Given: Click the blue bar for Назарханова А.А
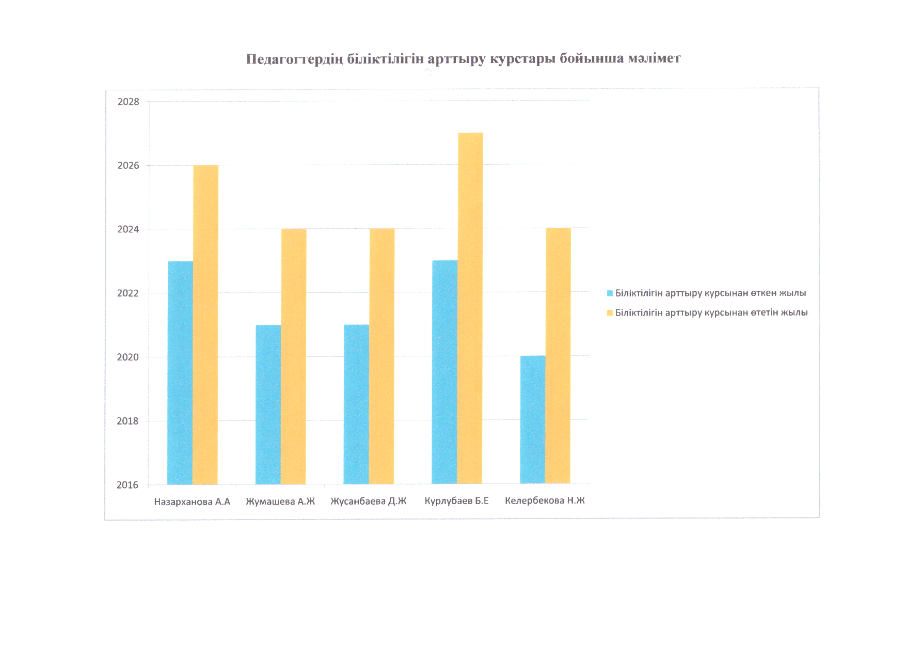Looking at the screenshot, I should point(180,373).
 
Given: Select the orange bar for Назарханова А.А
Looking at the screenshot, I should point(205,325).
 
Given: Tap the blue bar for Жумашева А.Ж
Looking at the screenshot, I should point(268,404).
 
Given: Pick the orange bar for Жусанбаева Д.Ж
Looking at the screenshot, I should point(382,356).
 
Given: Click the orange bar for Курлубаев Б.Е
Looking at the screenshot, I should point(470,308).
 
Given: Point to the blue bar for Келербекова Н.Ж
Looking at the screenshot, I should point(533,419).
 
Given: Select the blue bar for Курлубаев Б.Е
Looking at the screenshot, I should point(444,372).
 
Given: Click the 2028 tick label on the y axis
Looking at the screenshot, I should point(129,102).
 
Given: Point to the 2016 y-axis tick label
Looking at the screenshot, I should point(128,485).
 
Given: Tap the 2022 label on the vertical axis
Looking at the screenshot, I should point(128,293).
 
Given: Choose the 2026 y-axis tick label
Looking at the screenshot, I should point(129,166).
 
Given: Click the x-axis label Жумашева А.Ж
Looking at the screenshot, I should point(280,501).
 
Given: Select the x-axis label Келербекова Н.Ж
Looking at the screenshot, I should point(545,500).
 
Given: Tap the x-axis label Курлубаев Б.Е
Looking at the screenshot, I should point(456,501).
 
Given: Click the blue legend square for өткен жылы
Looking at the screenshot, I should point(610,293).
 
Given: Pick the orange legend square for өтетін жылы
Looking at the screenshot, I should point(610,313).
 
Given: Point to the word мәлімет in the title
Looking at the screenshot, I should point(654,58).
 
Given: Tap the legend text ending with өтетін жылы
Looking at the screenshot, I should point(711,313).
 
